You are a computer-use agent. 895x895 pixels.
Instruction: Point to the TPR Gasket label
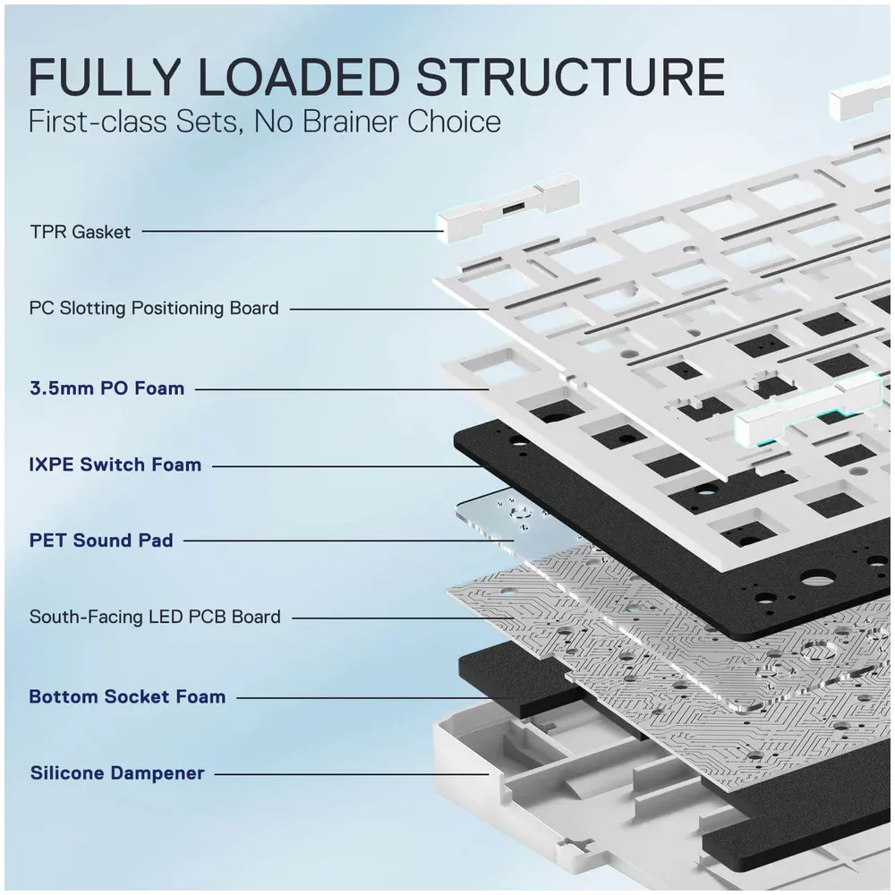(80, 232)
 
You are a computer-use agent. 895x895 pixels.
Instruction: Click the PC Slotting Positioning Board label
(154, 308)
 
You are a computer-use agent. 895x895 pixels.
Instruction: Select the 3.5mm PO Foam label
(107, 388)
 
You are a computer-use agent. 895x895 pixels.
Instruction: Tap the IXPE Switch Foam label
(115, 465)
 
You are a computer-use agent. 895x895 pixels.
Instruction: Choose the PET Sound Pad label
(101, 541)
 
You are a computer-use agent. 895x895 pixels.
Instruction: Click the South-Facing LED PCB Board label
(155, 617)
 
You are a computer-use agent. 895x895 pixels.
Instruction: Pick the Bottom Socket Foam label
(127, 696)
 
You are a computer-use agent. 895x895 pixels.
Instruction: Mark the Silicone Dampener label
(117, 772)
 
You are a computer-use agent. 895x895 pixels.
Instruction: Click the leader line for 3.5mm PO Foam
(340, 388)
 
